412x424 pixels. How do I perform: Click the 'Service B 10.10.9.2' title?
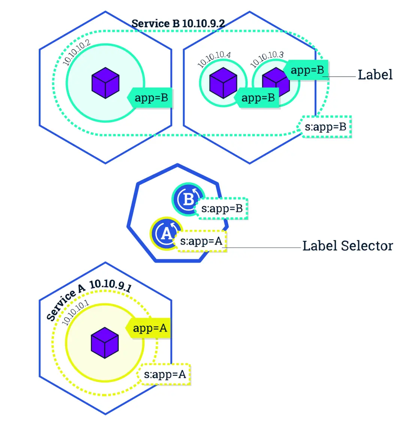(178, 24)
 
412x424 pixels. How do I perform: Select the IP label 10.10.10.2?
(77, 52)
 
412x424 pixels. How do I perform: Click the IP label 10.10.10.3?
(267, 58)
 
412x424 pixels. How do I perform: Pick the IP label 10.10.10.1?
(75, 313)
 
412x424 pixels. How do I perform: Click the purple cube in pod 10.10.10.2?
(105, 83)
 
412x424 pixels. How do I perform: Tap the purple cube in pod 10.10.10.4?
(223, 83)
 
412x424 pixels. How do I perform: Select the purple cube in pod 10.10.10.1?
(105, 342)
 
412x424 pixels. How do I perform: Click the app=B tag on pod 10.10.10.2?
(150, 98)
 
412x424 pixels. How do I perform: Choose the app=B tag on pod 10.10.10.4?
(257, 98)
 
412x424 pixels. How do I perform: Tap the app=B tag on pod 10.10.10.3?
(307, 70)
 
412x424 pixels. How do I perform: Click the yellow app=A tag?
(149, 328)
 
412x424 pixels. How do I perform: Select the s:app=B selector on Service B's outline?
(326, 127)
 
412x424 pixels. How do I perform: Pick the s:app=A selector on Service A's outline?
(165, 374)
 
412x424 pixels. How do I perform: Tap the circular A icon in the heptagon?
(165, 233)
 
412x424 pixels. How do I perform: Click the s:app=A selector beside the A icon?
(201, 241)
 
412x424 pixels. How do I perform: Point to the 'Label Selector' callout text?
(347, 246)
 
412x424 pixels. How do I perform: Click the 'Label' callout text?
(375, 75)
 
